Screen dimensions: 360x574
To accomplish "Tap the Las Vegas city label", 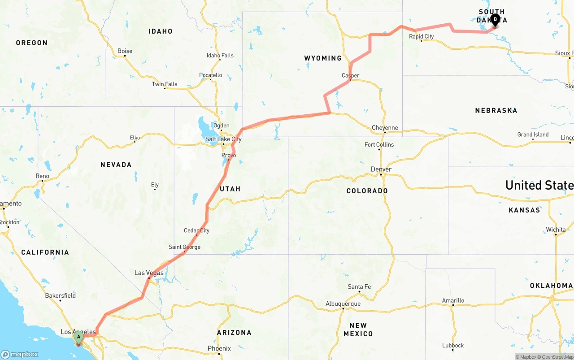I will click(x=149, y=273).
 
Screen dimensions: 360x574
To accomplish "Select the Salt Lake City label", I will click(x=223, y=139).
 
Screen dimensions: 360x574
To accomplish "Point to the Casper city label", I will click(x=350, y=75).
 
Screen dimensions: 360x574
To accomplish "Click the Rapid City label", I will click(x=421, y=36).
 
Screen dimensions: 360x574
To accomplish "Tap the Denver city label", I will click(x=381, y=169).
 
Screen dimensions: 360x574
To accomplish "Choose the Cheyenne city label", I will click(x=385, y=128).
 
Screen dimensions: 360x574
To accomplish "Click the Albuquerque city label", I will click(x=343, y=304).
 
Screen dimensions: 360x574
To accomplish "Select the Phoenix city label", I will click(x=219, y=348).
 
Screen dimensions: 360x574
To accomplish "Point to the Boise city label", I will click(x=125, y=51).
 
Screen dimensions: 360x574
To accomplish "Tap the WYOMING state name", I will click(x=323, y=58).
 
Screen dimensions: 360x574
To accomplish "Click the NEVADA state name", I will click(x=116, y=165).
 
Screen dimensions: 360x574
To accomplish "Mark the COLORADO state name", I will click(x=367, y=191).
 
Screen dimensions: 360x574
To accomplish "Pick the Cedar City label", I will click(x=196, y=230).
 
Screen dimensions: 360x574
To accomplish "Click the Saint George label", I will click(x=184, y=247).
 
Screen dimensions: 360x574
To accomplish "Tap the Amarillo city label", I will click(x=453, y=300).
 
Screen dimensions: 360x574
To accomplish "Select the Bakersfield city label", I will click(x=60, y=295).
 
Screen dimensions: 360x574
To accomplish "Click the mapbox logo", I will click(x=20, y=354).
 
